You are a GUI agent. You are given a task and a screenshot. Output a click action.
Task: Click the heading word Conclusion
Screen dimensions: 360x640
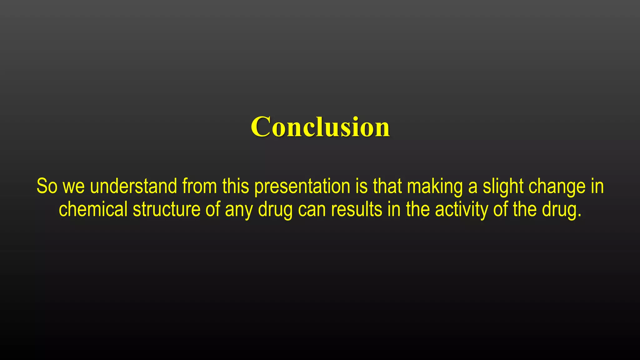(x=320, y=127)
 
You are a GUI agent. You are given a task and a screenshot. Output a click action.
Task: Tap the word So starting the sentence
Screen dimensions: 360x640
(x=47, y=186)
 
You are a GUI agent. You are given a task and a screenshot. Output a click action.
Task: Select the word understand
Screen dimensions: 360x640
(x=133, y=186)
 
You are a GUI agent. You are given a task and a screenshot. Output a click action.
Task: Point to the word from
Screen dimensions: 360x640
(x=199, y=186)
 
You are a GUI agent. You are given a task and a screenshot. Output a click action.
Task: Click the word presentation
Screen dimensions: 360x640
(x=302, y=187)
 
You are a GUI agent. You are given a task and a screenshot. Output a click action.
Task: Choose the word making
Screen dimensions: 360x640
(x=435, y=187)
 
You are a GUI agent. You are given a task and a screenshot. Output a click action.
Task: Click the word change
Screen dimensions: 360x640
(x=557, y=187)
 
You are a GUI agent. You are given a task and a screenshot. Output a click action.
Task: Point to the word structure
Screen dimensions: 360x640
(x=167, y=209)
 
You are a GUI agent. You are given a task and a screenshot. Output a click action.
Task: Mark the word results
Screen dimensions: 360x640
(x=357, y=209)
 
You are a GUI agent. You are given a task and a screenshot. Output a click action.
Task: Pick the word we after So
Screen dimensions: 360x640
(x=74, y=187)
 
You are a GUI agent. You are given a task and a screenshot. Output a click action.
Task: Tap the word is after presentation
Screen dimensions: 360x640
(x=362, y=186)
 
